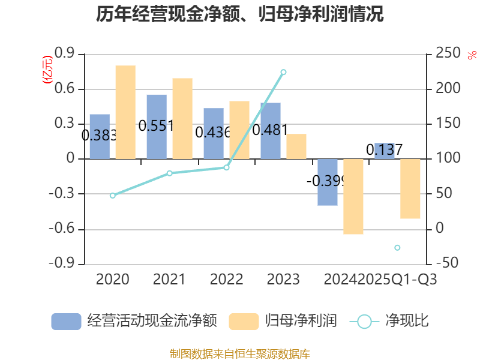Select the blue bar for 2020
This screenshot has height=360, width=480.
coord(100,137)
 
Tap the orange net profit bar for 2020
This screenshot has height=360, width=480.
coord(125,112)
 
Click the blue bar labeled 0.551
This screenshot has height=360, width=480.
coord(157,127)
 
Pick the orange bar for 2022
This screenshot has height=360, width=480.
coord(239,130)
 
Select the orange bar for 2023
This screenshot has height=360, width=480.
coord(296,146)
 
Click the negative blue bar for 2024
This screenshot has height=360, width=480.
coord(328,182)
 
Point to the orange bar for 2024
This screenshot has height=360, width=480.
coord(353,197)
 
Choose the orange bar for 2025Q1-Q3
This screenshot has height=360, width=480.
coord(410,189)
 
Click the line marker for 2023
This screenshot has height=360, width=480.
coord(284,72)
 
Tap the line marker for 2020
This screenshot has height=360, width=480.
coord(112,196)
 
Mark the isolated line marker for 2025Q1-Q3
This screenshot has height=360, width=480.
coord(397,248)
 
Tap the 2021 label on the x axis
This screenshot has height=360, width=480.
coord(169,280)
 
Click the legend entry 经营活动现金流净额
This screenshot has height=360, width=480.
coord(134,322)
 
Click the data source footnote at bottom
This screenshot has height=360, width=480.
coord(240,353)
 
